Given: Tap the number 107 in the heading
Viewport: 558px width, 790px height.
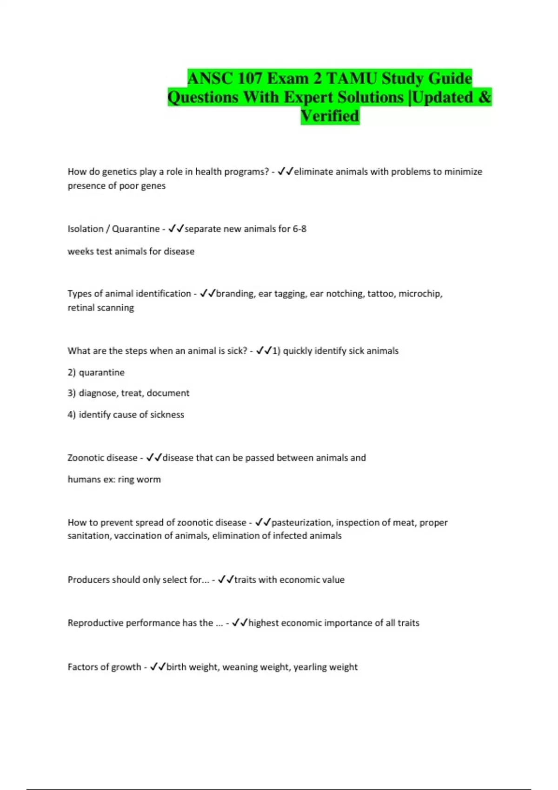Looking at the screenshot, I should tap(249, 78).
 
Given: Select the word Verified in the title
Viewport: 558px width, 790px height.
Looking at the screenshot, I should tap(330, 116).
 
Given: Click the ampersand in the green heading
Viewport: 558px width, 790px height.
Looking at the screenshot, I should tap(484, 97).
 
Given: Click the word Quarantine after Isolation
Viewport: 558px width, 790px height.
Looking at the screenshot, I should tap(136, 229).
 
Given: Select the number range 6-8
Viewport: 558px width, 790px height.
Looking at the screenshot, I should tap(299, 229).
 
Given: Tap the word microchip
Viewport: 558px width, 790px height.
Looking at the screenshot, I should tap(420, 294).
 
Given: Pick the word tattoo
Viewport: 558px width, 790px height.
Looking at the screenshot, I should tap(380, 294).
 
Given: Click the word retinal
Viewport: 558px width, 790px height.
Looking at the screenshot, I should tap(81, 308).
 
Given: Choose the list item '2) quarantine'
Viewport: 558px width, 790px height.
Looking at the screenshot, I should tap(96, 373).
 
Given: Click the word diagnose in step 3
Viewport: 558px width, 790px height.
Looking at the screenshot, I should tap(98, 393).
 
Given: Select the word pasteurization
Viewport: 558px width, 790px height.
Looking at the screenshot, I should tap(302, 523).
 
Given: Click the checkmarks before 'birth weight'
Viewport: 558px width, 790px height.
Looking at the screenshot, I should tap(158, 667).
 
